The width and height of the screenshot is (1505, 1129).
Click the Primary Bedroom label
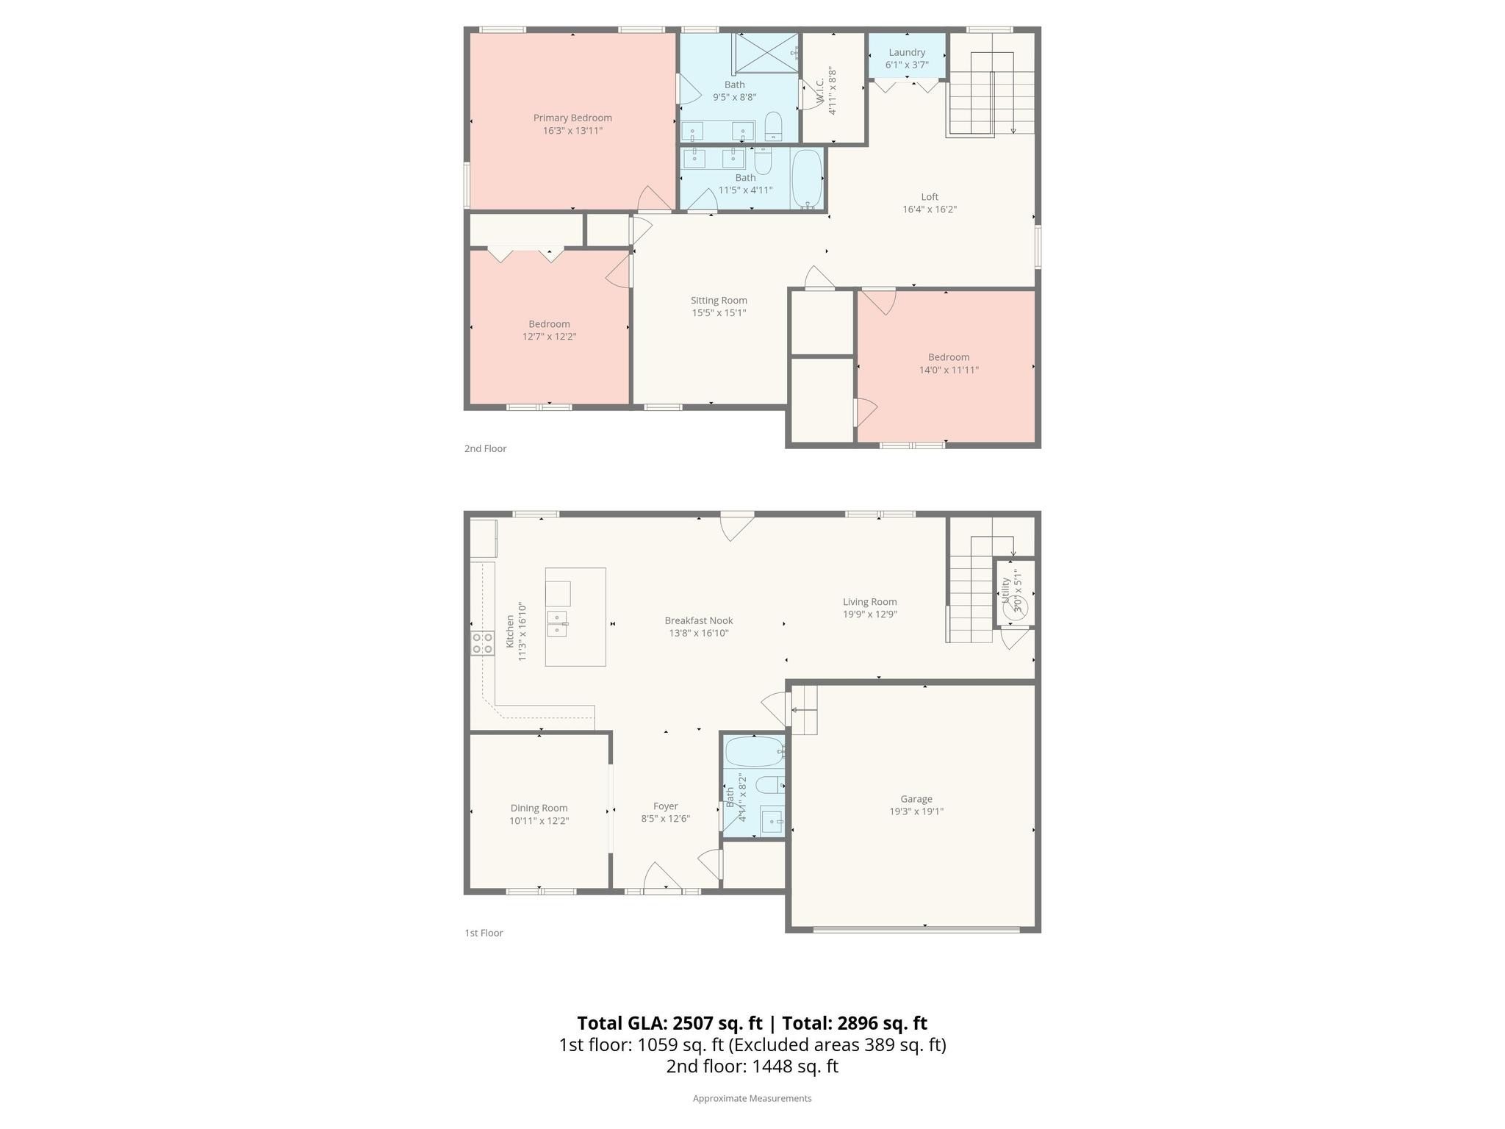tap(572, 118)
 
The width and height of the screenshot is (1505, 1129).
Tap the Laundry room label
tap(907, 52)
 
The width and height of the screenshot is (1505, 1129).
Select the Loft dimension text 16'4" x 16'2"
tap(930, 209)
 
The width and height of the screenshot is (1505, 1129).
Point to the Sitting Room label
tap(719, 300)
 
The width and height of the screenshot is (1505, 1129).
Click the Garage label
tap(916, 799)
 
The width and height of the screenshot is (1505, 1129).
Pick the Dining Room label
tap(539, 808)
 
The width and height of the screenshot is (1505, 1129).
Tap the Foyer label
tap(666, 806)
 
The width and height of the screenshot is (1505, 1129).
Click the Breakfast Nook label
tap(699, 620)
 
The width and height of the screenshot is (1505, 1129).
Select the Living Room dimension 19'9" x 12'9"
tap(870, 614)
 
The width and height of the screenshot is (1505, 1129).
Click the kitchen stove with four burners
tap(483, 643)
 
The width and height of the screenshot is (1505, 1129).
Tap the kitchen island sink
tap(557, 623)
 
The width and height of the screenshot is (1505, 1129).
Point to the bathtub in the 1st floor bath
tap(755, 751)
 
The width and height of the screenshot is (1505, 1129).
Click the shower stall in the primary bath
tap(766, 53)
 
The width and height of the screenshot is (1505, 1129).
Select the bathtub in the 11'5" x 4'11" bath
tap(807, 179)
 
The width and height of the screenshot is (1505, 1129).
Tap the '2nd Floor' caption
tap(485, 448)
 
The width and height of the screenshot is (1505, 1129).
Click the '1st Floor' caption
tap(484, 933)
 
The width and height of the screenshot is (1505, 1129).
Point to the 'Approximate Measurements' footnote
tap(752, 1098)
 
